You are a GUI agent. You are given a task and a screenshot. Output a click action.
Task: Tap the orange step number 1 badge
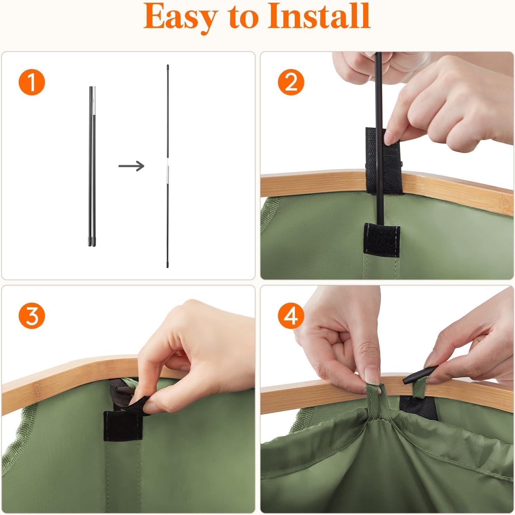32,83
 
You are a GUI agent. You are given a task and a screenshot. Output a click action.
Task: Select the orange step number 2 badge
291,82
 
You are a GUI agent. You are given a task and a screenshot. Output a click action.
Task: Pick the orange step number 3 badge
32,316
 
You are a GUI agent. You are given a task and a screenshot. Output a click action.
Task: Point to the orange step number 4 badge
291,316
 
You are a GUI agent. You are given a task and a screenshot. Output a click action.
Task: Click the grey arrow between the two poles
131,166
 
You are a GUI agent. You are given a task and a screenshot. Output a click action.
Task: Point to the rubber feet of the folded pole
92,241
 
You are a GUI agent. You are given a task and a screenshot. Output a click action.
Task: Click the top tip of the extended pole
168,65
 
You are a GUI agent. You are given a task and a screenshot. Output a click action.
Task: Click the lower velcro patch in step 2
382,240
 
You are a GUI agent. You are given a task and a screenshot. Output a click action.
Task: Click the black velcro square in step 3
123,426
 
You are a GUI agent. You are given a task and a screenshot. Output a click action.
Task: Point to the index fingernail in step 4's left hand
371,374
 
